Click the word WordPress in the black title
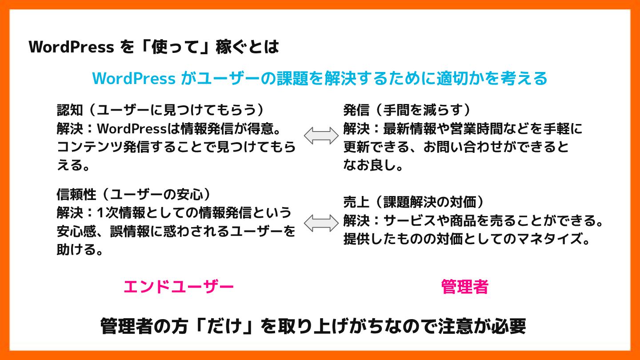(71, 47)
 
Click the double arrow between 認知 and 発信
(321, 136)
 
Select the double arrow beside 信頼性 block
(321, 223)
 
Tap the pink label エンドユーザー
(178, 287)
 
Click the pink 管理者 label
(464, 287)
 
